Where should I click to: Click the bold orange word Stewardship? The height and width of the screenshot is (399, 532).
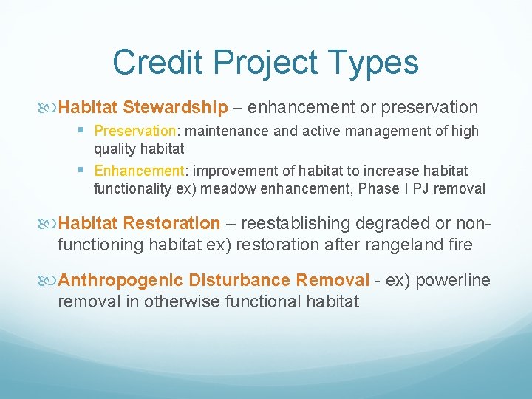tap(176, 107)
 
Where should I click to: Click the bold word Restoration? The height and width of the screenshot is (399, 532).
tap(171, 223)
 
